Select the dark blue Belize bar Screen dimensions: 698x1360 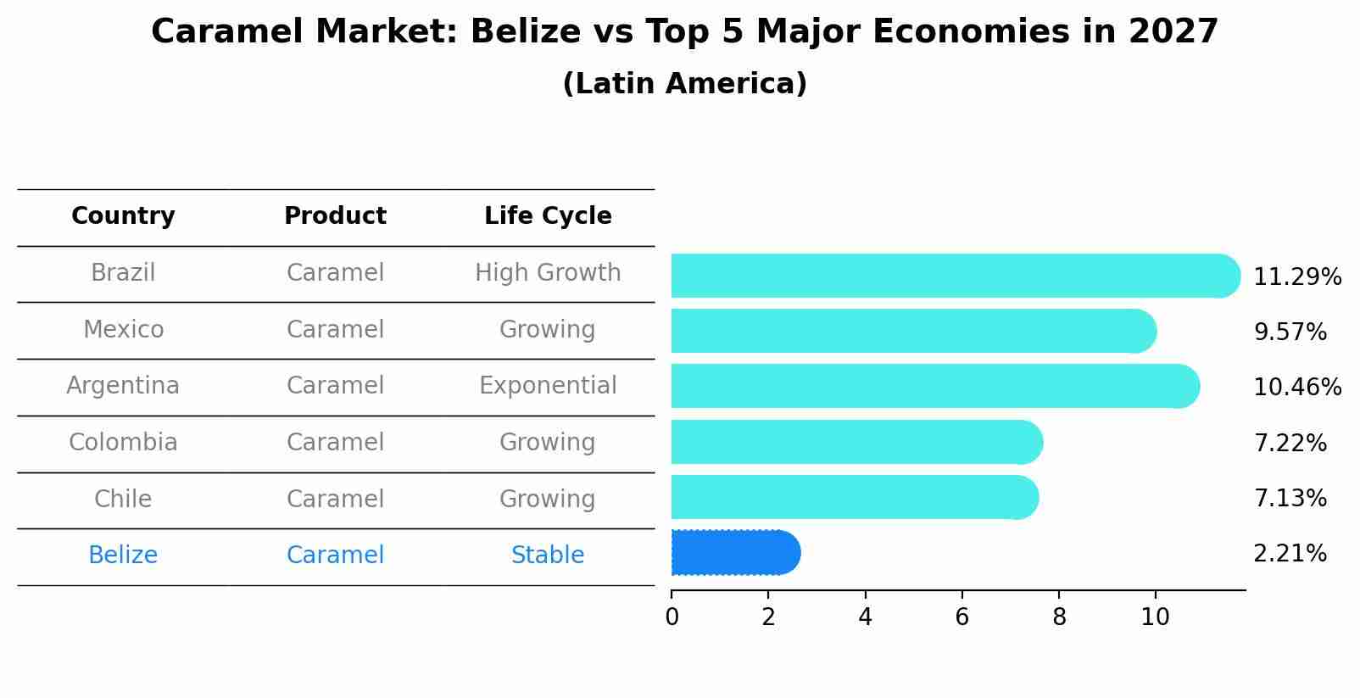734,553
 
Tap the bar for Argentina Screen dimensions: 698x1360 933,386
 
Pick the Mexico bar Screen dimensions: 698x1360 912,331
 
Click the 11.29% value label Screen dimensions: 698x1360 1297,277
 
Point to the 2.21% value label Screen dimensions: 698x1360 1290,554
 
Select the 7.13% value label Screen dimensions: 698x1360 1290,499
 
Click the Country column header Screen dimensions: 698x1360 123,216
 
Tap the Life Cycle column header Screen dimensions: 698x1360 548,216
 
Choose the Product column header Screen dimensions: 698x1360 335,216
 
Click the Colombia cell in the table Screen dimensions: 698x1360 123,443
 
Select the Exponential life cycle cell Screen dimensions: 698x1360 548,386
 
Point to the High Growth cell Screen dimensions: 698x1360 548,273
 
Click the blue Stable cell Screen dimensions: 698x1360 548,556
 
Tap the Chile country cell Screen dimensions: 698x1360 123,499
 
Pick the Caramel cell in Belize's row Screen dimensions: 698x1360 335,556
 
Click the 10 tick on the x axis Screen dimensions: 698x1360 1155,617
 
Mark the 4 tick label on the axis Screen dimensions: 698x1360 865,617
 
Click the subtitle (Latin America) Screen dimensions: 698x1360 684,84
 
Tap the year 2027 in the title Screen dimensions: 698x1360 1173,32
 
